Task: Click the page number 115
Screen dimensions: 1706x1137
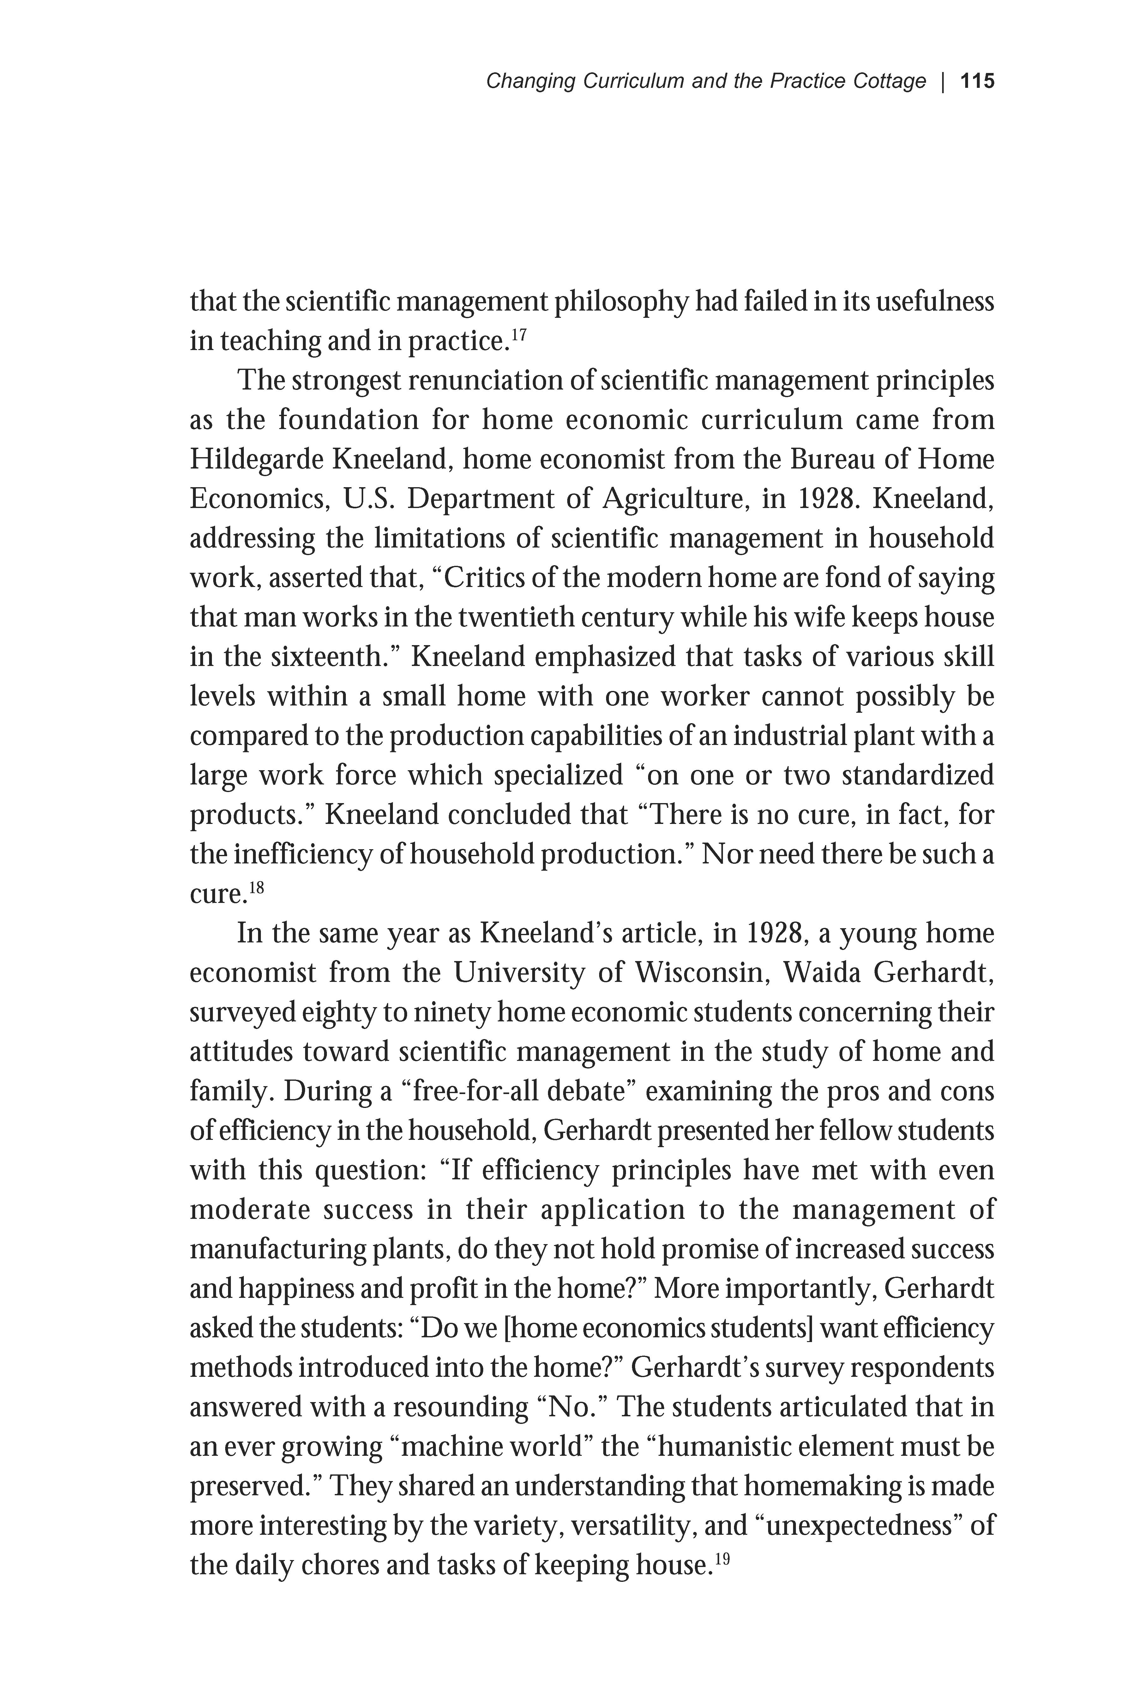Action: pyautogui.click(x=977, y=81)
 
